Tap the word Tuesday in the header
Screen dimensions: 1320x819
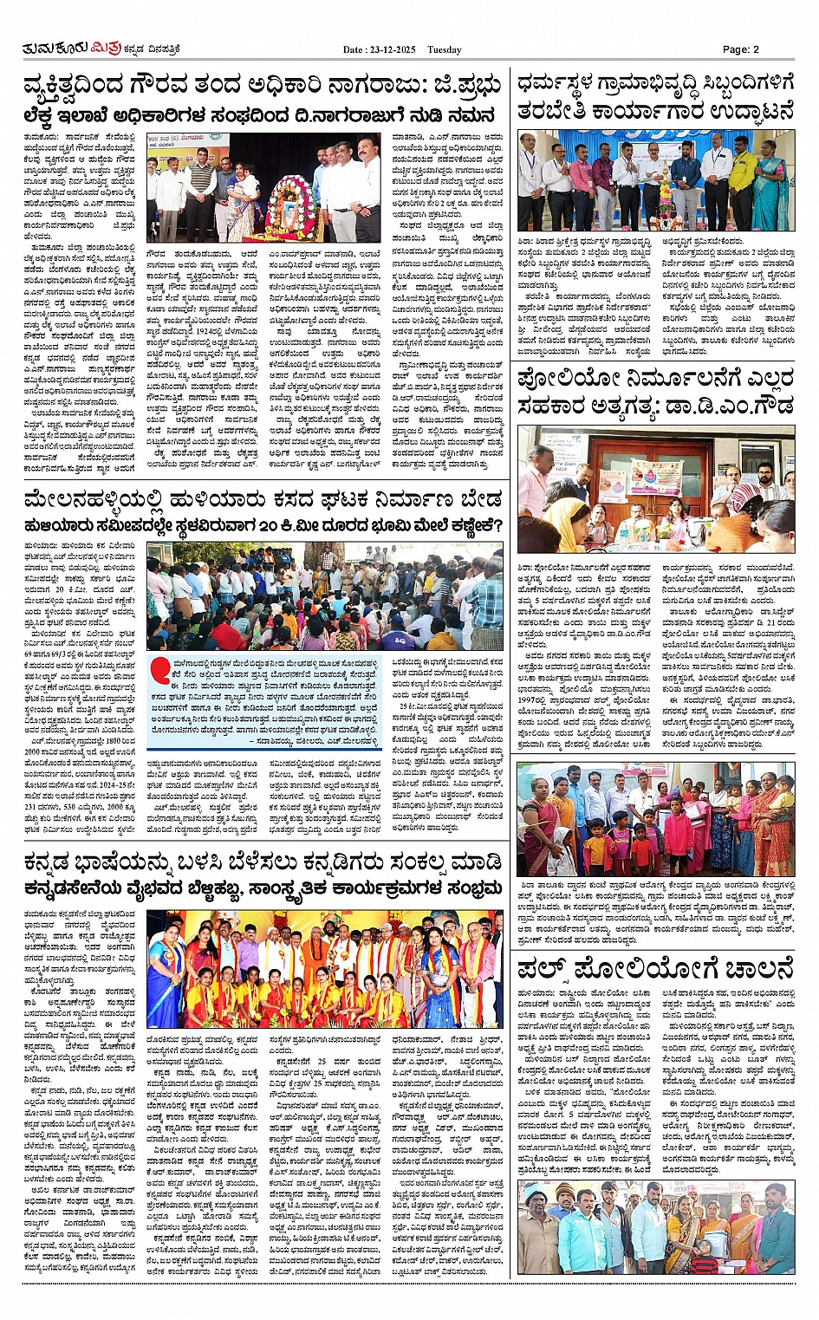point(445,49)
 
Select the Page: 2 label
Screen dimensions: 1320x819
point(741,49)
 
